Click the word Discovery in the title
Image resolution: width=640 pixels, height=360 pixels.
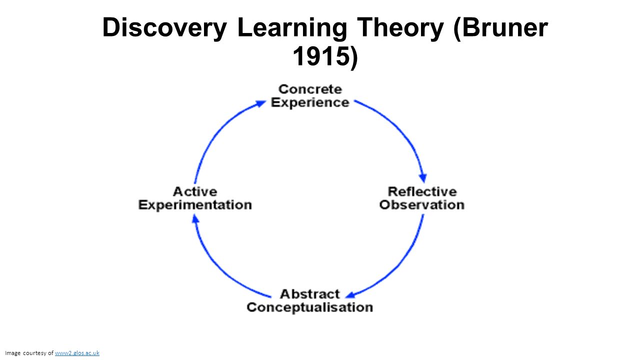click(x=164, y=28)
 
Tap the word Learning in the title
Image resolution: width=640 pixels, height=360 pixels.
click(x=292, y=28)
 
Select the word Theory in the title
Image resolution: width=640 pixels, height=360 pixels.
click(x=399, y=28)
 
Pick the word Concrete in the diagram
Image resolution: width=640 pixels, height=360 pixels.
click(x=310, y=89)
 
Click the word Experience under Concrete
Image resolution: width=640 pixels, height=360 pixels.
click(x=310, y=102)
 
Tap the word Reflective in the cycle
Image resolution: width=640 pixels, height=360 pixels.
click(x=422, y=191)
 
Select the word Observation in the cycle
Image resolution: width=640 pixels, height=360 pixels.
click(x=422, y=204)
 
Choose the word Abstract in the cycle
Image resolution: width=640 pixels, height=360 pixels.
click(x=309, y=294)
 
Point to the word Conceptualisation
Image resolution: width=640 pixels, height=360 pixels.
click(x=309, y=307)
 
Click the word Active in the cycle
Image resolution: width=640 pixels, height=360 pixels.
click(x=195, y=191)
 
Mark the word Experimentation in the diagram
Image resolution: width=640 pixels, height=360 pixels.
click(x=195, y=204)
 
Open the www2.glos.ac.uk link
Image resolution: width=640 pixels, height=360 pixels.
click(x=77, y=353)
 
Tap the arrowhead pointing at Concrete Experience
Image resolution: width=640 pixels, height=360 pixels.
click(x=261, y=103)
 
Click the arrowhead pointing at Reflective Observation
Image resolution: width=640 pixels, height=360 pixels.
click(x=423, y=177)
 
